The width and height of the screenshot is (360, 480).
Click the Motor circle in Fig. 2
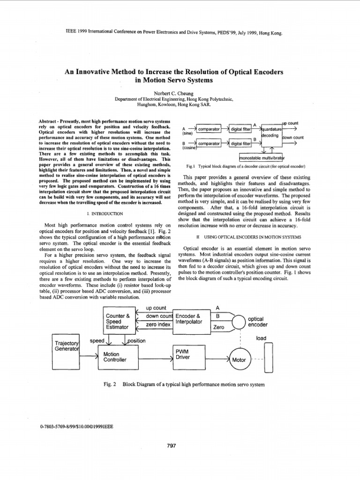(239, 360)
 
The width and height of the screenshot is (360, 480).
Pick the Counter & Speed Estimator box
(118, 322)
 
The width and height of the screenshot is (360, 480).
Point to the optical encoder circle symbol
(239, 321)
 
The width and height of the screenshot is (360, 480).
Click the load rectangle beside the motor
(269, 357)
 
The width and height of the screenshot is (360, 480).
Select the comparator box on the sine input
(209, 129)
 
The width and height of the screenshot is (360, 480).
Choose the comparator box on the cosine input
(209, 143)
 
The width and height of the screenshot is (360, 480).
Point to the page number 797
(171, 446)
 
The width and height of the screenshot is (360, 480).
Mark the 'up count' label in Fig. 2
(156, 308)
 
